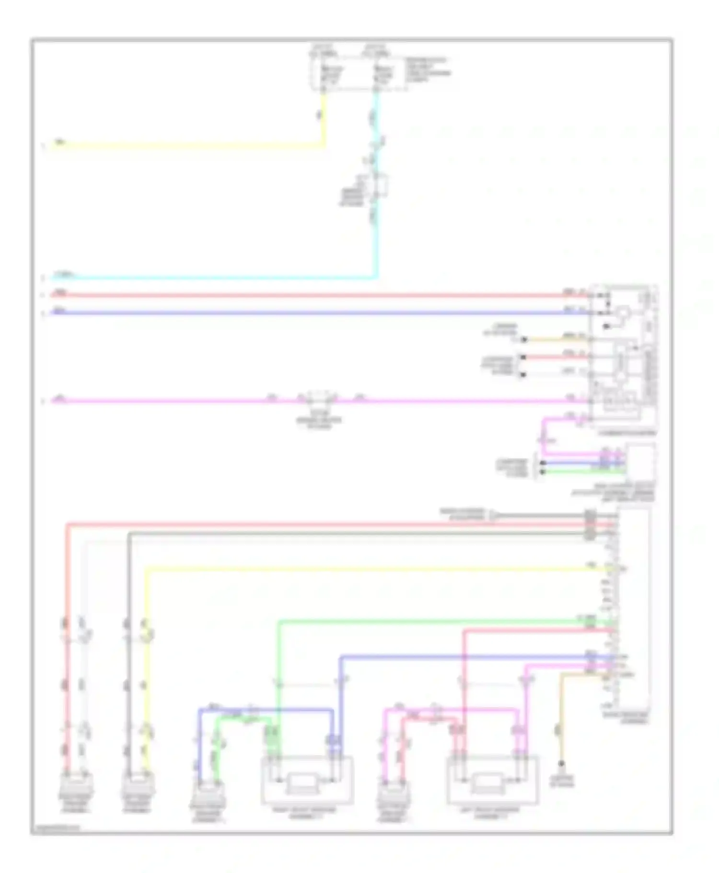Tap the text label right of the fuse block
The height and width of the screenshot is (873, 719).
coord(428,70)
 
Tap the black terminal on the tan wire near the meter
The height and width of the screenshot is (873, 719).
coord(524,339)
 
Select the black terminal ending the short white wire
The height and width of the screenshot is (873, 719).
coord(523,374)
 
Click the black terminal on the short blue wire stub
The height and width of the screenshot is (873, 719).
coord(543,463)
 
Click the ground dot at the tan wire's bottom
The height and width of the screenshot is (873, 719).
coord(561,763)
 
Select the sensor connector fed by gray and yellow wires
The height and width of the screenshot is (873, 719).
coord(138,786)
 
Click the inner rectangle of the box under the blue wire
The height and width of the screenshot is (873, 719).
coord(300,784)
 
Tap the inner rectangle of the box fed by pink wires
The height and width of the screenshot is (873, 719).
coord(487,784)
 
